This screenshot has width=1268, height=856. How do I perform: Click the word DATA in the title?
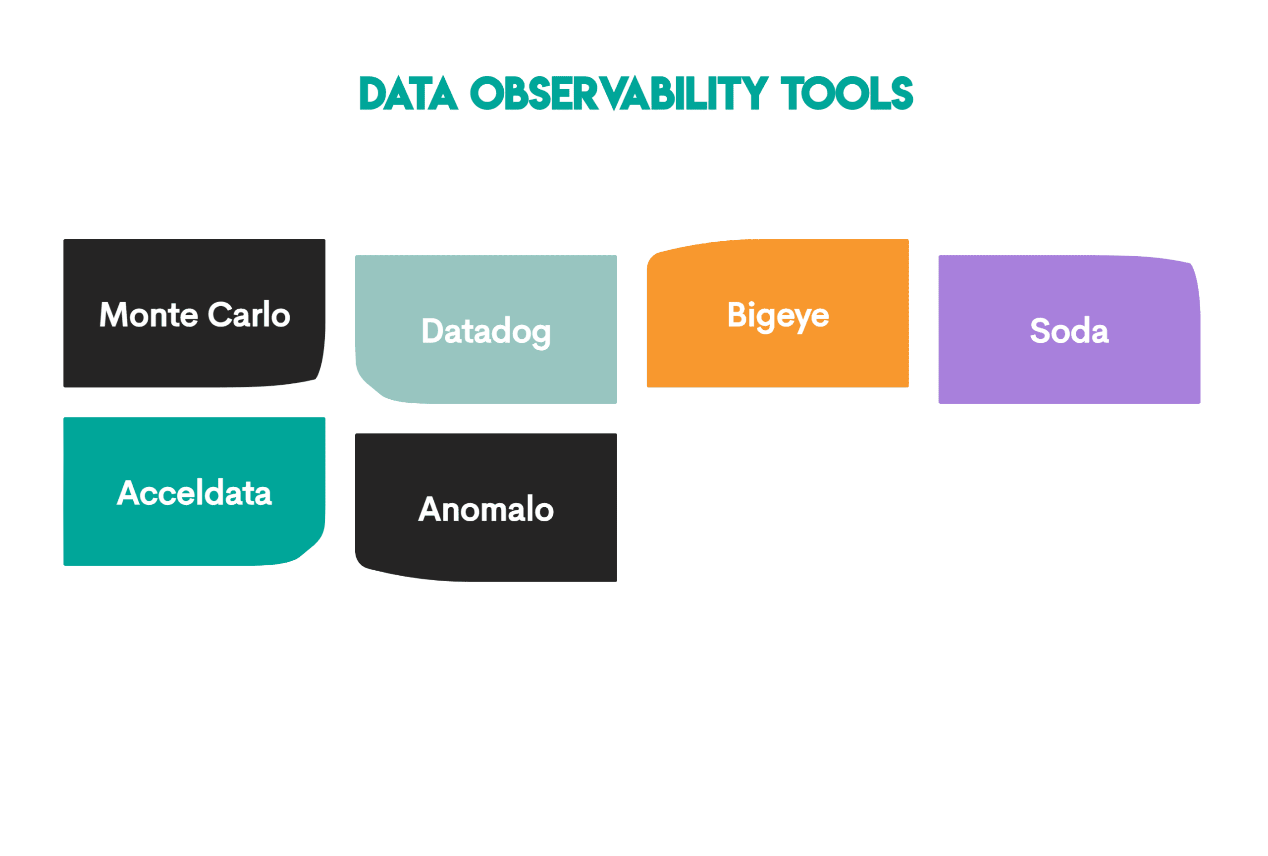tap(408, 94)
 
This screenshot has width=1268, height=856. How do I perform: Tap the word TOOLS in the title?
tap(847, 94)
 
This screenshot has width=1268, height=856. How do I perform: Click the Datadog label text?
tap(486, 331)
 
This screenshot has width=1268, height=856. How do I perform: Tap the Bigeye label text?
tap(778, 316)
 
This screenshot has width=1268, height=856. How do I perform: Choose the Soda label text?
tap(1069, 331)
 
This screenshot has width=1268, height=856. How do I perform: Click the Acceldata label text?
tap(194, 493)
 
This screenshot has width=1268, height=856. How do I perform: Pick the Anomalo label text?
tap(486, 510)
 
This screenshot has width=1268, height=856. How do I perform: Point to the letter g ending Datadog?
tap(541, 334)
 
